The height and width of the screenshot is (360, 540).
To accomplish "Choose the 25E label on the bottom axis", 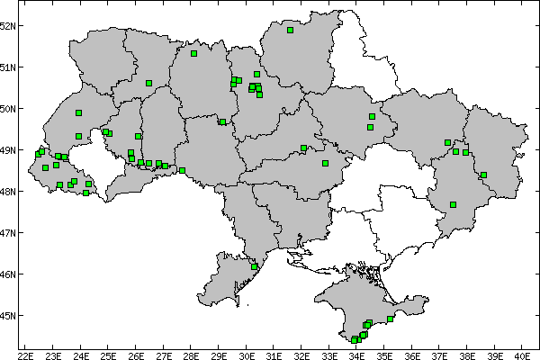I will (108, 354).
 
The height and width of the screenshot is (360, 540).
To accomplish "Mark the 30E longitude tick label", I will (247, 354).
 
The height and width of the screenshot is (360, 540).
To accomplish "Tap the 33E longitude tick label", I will (329, 354).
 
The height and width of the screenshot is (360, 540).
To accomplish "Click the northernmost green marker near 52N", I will (291, 30).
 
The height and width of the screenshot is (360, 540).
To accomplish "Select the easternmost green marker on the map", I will (483, 175).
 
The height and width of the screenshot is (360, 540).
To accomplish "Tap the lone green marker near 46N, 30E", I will (255, 266).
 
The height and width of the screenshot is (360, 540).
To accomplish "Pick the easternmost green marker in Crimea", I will (391, 319).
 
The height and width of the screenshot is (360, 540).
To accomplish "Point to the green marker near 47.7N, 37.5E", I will (454, 205).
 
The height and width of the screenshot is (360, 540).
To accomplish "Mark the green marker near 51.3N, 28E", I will (193, 53).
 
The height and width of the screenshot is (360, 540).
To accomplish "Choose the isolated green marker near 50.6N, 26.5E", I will (148, 83).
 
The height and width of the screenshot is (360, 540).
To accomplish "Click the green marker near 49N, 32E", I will (304, 148).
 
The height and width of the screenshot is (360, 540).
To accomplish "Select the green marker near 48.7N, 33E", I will (325, 163).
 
